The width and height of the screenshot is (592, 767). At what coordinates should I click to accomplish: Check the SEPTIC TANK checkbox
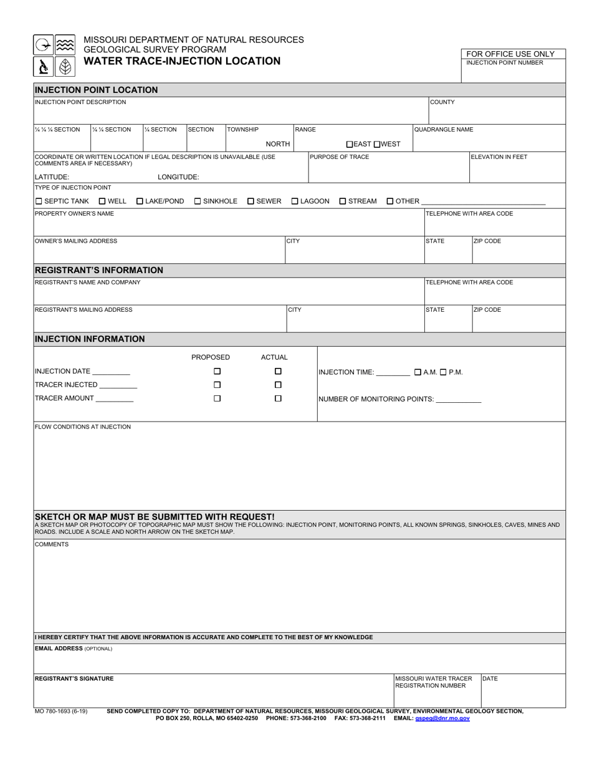pyautogui.click(x=39, y=201)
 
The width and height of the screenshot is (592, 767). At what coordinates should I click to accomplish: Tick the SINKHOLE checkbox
pyautogui.click(x=198, y=201)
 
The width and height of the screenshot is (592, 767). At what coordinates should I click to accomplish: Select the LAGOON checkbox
pyautogui.click(x=295, y=201)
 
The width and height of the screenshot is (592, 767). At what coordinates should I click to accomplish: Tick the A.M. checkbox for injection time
pyautogui.click(x=418, y=372)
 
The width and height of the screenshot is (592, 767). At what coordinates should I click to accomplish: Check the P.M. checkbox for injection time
pyautogui.click(x=443, y=372)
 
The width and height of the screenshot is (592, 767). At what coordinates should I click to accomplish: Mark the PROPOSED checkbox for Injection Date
pyautogui.click(x=217, y=372)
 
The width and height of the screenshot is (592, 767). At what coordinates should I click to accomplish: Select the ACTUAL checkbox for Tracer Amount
pyautogui.click(x=279, y=398)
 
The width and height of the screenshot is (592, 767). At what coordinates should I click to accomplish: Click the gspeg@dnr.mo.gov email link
pyautogui.click(x=442, y=718)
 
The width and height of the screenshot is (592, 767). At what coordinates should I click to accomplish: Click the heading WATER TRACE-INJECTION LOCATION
pyautogui.click(x=182, y=61)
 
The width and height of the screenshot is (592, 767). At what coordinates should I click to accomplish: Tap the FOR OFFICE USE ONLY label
pyautogui.click(x=510, y=54)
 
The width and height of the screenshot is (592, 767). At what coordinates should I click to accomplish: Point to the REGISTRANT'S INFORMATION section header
pyautogui.click(x=99, y=270)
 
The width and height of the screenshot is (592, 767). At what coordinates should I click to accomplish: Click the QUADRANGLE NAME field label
pyautogui.click(x=444, y=130)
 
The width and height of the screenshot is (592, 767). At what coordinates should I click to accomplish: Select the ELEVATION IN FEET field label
pyautogui.click(x=499, y=157)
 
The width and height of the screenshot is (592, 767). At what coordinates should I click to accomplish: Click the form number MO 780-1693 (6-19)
pyautogui.click(x=61, y=711)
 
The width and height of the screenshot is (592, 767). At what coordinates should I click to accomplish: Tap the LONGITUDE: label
pyautogui.click(x=178, y=177)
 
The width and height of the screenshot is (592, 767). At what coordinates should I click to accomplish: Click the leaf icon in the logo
pyautogui.click(x=65, y=66)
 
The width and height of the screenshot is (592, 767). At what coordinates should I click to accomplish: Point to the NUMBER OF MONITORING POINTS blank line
pyautogui.click(x=459, y=400)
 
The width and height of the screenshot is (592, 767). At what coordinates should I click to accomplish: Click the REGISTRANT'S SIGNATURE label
pyautogui.click(x=74, y=678)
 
